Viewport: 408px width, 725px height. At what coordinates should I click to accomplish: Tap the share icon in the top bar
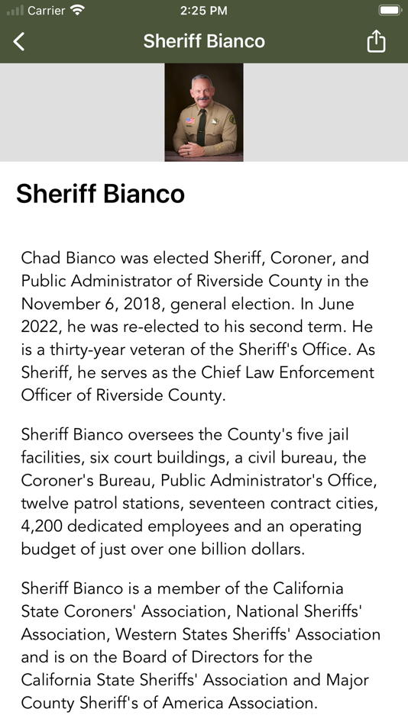[376, 41]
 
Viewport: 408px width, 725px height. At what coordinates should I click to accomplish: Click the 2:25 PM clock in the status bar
[204, 11]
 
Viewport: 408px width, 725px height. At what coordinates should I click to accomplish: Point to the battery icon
[389, 11]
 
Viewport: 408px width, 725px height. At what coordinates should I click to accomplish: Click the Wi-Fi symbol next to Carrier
[77, 11]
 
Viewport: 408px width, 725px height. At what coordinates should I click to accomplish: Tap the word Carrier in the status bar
[46, 11]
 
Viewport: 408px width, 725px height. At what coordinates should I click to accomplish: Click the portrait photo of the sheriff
[204, 112]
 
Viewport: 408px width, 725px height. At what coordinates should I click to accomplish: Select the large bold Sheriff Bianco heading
[100, 194]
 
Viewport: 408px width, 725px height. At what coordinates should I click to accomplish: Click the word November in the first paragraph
[57, 304]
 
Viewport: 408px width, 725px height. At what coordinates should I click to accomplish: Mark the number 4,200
[45, 527]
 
